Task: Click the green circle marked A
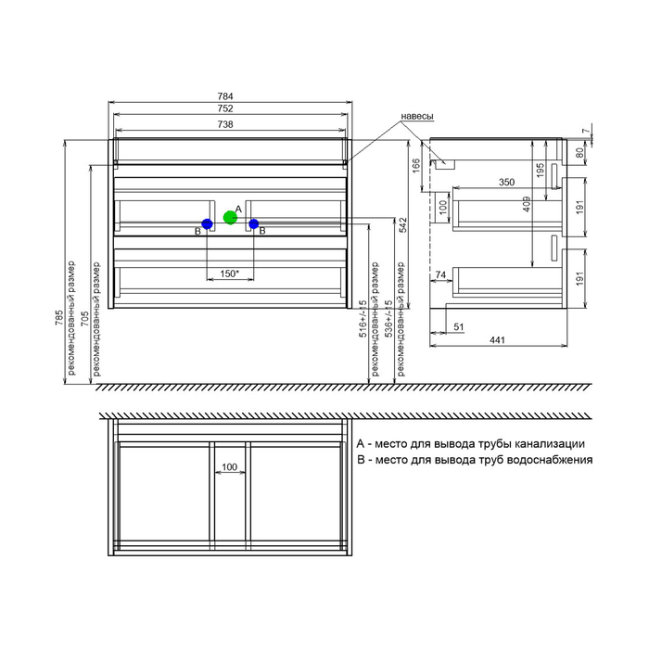230,217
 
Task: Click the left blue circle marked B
207,224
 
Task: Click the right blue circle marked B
254,224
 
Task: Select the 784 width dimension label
225,96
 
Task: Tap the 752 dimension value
225,108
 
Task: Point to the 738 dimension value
225,124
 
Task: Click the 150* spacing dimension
229,274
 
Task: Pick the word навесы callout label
417,116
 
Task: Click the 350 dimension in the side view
506,182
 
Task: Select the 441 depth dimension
498,340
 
